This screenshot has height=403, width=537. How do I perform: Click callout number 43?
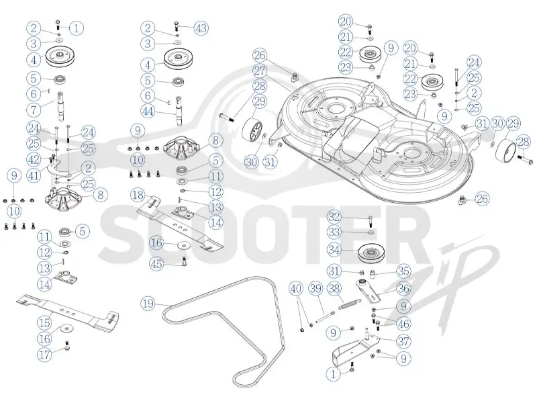coord(201,28)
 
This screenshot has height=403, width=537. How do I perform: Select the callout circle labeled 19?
coord(148,304)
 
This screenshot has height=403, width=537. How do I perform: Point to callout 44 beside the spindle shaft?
coord(148,111)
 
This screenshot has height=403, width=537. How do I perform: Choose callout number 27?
coord(260,71)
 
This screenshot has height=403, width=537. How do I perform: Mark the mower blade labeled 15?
coord(68,310)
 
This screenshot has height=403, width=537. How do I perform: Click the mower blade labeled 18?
coord(180,222)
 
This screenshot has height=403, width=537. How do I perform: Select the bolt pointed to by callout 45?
coord(185,262)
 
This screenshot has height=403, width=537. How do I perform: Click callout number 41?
coord(34,176)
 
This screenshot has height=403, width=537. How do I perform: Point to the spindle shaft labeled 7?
coord(60,105)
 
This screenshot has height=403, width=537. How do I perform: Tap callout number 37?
coord(403,341)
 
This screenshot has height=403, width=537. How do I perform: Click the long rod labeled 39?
coord(325,316)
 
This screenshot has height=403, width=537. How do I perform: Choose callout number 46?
coord(403,324)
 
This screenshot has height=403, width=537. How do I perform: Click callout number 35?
coord(403,271)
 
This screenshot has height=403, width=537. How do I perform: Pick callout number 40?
coord(296,289)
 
